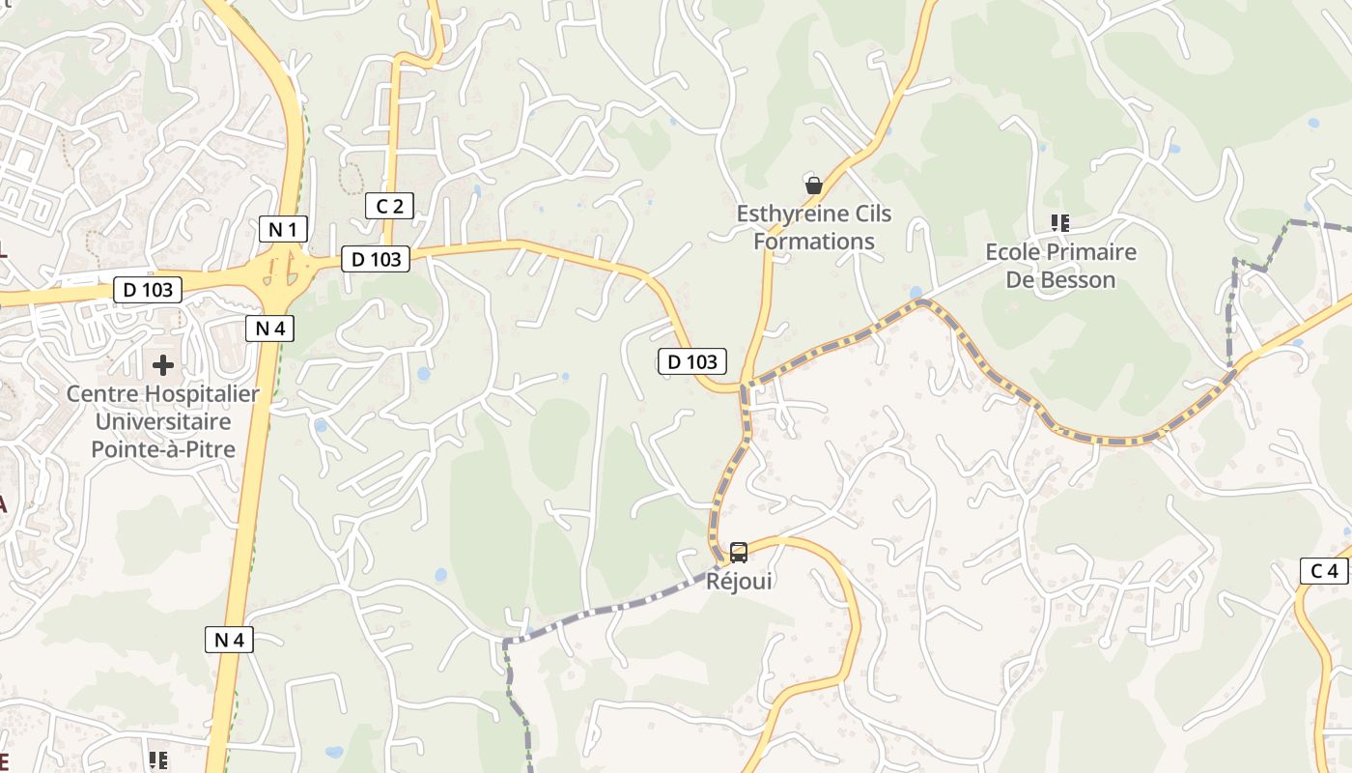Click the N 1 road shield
coord(284,229)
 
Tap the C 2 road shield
coord(390,206)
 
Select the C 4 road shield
coord(1323,571)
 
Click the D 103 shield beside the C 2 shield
coord(376,259)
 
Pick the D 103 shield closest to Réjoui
coord(692,361)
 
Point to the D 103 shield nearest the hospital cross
coord(148,290)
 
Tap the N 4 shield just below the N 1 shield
coord(269,329)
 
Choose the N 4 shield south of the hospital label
coord(229,639)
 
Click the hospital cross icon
coord(163,365)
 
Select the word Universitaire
coord(163,421)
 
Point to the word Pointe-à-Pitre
coord(163,449)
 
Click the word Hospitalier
coord(202,394)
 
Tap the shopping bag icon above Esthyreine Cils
coord(814,185)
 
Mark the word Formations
coord(814,242)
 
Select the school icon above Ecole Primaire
coord(1060,223)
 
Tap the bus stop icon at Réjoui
coord(739,553)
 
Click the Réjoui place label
coord(739,582)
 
